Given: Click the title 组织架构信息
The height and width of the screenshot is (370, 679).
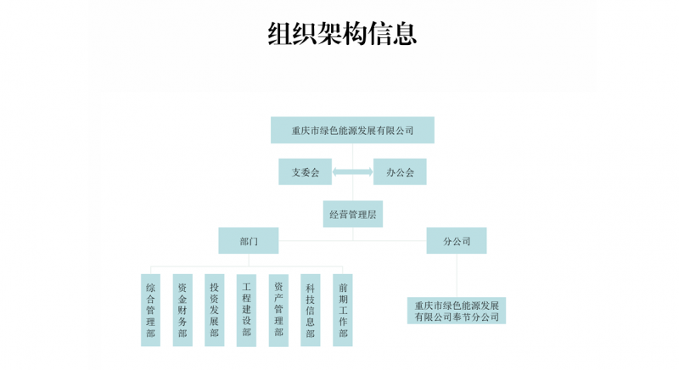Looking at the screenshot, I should point(342,33).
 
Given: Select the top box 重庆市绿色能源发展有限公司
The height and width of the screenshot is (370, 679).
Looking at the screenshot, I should point(352,130).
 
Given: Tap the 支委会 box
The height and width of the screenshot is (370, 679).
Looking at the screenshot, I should point(306,171).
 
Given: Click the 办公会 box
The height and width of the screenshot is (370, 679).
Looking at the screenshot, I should point(400,171).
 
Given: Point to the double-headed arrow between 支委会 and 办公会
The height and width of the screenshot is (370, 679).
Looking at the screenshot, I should point(352,172).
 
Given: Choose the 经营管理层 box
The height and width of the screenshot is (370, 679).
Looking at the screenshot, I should point(353,214).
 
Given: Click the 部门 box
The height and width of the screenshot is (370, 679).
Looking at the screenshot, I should point(249,241).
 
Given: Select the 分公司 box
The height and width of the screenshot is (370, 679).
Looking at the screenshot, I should point(457,241).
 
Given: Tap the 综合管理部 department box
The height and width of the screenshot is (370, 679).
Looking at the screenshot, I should point(150,310).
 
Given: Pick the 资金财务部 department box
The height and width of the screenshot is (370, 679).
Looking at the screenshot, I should point(182,310).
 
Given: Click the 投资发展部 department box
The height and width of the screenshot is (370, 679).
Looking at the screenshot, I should point(215,310).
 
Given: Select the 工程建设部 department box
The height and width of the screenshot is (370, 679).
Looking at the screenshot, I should point(246,310).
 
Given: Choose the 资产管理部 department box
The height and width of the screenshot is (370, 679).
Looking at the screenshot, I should point(278,310).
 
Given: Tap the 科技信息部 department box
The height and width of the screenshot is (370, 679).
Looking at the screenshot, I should point(311,310).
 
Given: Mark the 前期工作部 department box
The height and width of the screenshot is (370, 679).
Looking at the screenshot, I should point(343,310).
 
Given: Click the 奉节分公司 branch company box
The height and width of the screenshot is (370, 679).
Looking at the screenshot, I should point(457,310).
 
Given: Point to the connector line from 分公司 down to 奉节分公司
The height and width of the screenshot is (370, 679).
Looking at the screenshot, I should point(457,276).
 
